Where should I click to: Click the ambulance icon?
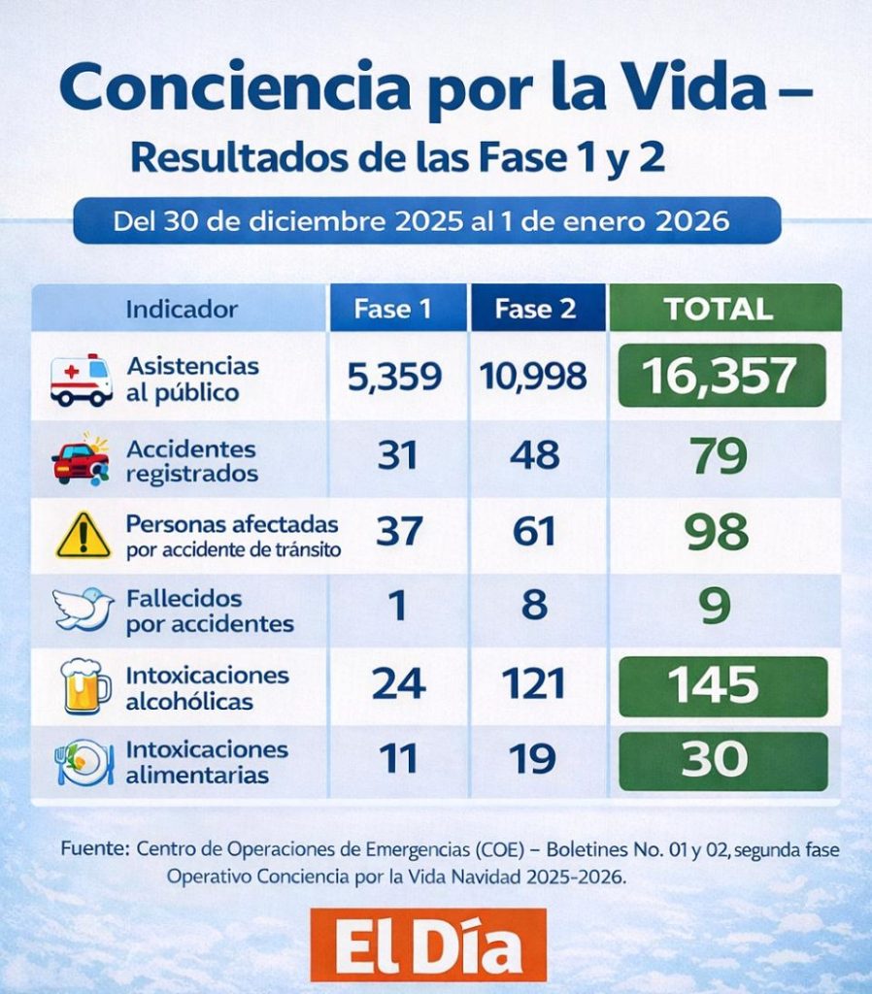click(x=82, y=380)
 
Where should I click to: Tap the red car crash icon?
click(x=82, y=460)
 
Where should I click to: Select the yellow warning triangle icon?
click(x=84, y=535)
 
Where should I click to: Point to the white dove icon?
click(x=83, y=609)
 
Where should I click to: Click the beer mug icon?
click(x=84, y=684)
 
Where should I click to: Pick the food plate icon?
click(x=84, y=761)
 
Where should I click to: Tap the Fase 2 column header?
click(x=536, y=310)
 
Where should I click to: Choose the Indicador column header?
click(x=182, y=310)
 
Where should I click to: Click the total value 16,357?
click(x=721, y=377)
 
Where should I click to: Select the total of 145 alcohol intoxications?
click(x=721, y=685)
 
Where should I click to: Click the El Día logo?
click(x=428, y=945)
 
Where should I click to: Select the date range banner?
click(x=427, y=220)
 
